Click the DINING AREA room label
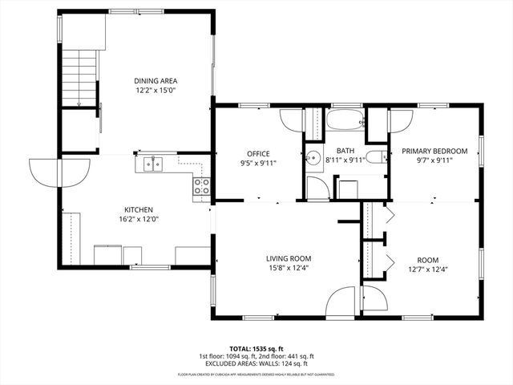click(x=156, y=81)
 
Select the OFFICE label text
click(x=258, y=154)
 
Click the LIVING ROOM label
click(x=289, y=258)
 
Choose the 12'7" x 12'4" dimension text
click(x=427, y=269)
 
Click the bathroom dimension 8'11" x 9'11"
click(x=345, y=160)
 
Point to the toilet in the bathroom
click(x=374, y=156)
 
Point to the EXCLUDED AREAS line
click(x=256, y=363)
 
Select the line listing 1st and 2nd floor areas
click(x=256, y=357)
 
